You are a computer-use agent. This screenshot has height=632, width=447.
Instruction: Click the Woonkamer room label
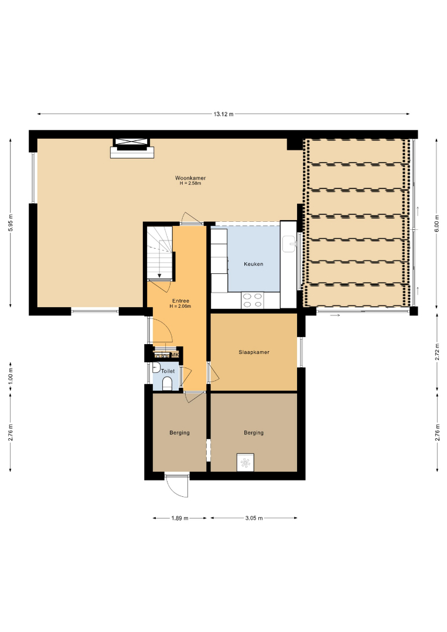click(x=190, y=178)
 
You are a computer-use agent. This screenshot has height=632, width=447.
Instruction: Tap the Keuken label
click(x=253, y=264)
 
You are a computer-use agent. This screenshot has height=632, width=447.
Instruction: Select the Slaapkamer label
click(x=254, y=352)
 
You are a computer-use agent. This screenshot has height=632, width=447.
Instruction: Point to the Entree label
click(x=180, y=301)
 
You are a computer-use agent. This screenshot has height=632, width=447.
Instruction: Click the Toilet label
click(x=168, y=371)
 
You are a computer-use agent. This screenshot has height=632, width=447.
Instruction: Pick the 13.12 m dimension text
click(x=224, y=114)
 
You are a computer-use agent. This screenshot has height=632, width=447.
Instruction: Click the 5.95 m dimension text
click(x=11, y=222)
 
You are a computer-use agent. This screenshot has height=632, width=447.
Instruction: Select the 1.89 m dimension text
click(x=179, y=518)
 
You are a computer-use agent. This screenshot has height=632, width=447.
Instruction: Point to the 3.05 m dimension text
click(x=254, y=518)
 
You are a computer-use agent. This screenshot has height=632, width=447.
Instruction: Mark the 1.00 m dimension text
click(x=11, y=376)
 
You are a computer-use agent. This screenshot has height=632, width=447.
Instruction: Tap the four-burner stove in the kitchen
click(x=252, y=300)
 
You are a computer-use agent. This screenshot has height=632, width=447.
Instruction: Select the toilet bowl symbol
click(x=167, y=384)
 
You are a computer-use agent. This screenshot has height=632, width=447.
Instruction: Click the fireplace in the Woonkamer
click(x=132, y=148)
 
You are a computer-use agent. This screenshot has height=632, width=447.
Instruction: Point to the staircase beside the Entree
click(x=160, y=252)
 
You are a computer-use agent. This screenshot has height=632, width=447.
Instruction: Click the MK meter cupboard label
click(x=175, y=355)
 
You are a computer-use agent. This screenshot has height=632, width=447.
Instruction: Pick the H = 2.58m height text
click(x=190, y=183)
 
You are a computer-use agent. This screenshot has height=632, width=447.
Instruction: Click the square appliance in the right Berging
click(x=245, y=462)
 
